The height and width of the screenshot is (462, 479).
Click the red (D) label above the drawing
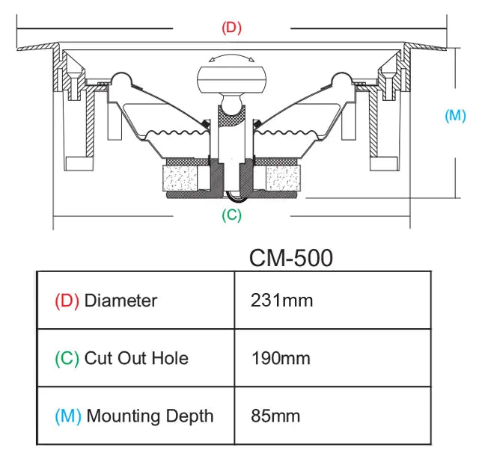coord(231,28)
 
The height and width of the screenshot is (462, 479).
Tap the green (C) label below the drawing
coord(231,215)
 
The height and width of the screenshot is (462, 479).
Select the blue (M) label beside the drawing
coord(454,116)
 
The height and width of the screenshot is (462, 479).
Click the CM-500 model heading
coord(290,257)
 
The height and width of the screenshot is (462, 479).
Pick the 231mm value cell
coord(281,301)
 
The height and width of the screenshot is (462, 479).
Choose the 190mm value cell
coord(281,358)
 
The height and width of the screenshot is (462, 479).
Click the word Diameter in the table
coord(120,301)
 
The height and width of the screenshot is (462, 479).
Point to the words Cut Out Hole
coord(136,358)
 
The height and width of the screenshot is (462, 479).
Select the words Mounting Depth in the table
coord(150,416)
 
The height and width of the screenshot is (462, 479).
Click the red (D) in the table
coord(67,301)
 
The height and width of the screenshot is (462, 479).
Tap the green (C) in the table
coord(67,358)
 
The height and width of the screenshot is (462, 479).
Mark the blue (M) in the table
coord(68,416)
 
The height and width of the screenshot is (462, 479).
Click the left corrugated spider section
coord(174,137)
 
